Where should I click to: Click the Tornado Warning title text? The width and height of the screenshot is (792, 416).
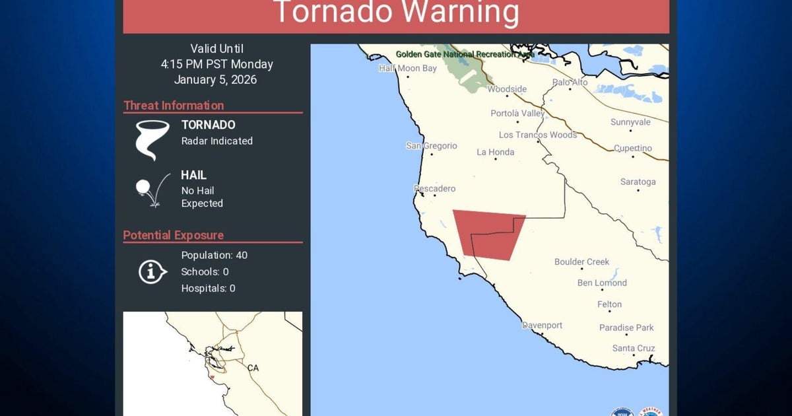pos(396,13)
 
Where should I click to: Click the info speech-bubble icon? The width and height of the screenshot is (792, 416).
pos(152,271)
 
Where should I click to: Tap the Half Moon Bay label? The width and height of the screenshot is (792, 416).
pos(408,68)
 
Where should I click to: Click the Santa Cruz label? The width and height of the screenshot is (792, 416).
pos(633,348)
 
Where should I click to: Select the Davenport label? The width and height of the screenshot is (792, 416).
pos(542,326)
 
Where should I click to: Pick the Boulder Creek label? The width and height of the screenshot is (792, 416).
pos(581,261)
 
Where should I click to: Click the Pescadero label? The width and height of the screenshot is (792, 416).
pos(434,189)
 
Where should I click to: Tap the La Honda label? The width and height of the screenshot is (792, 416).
pos(495,152)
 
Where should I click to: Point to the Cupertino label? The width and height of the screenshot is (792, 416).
pos(632,149)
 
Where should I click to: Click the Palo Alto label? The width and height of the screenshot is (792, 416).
pos(570,83)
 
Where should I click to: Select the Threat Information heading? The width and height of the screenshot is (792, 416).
pos(174,105)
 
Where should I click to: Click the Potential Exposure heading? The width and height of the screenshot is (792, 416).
pos(174,235)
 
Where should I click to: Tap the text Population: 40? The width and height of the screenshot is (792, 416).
pos(214,255)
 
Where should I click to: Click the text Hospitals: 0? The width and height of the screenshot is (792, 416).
pos(208,288)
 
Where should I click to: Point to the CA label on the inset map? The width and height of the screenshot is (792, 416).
pos(253,368)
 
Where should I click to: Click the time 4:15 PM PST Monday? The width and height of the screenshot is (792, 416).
pos(216,64)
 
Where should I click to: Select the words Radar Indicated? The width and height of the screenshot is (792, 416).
pos(216,141)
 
